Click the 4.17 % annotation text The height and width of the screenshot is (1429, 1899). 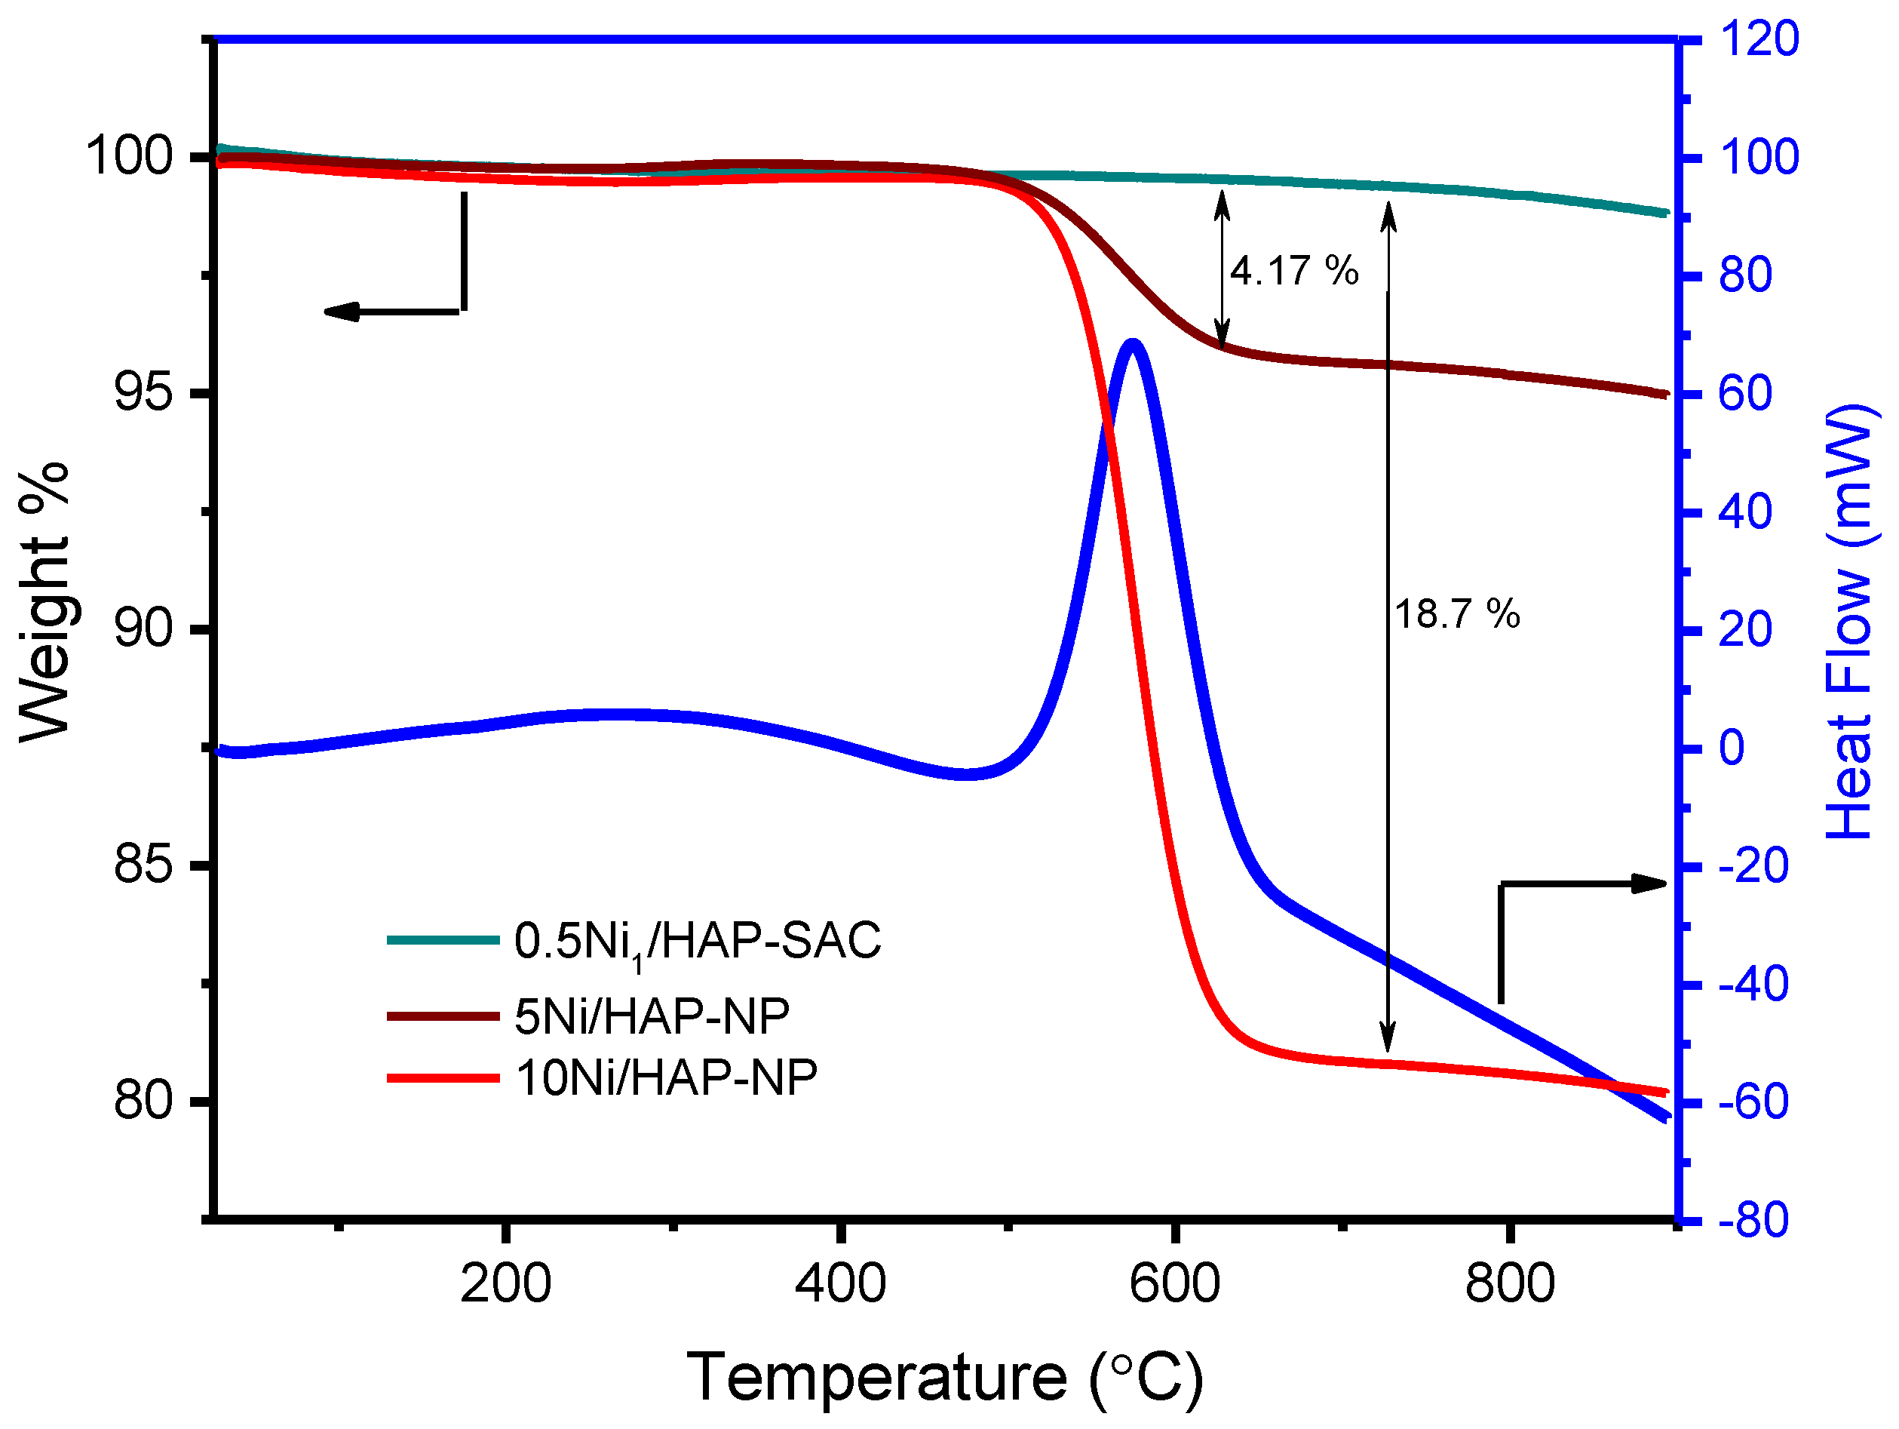coord(1293,272)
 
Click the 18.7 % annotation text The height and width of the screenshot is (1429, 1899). coord(1456,615)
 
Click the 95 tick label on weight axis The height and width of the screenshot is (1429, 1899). coord(143,393)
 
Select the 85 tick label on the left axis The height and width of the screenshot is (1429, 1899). coord(143,865)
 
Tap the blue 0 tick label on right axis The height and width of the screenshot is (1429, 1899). coord(1731,748)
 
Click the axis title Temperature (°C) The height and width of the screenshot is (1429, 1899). coord(944,1378)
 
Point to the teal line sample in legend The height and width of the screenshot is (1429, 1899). coord(443,940)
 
